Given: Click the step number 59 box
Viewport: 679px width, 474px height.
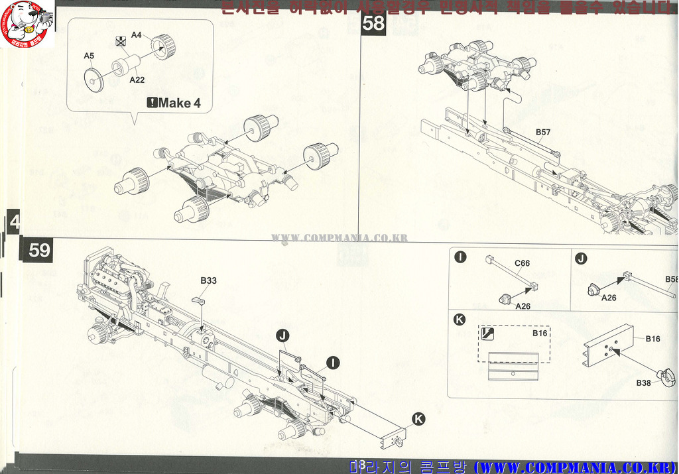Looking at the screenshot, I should tap(39, 250).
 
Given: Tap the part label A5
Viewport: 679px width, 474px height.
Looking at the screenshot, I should tap(89, 56).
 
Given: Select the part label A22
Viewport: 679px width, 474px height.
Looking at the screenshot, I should tap(137, 80).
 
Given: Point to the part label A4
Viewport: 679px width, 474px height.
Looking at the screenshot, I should tap(137, 34).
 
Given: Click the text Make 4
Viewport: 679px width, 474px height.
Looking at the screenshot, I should tap(174, 103).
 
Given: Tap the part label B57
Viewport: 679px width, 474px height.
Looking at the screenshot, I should tap(543, 132).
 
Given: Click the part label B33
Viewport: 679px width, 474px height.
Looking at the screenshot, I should tap(208, 280).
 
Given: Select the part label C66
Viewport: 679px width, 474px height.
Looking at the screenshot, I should tap(523, 263).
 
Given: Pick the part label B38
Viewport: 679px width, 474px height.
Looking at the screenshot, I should tap(643, 383).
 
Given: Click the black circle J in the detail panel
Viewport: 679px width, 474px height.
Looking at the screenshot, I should tap(582, 259).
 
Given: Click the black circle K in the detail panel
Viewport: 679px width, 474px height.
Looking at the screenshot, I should tap(459, 320).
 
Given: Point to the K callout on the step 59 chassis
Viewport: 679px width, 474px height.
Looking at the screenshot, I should tap(418, 418).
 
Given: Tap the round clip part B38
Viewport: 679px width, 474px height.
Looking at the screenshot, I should tap(666, 377).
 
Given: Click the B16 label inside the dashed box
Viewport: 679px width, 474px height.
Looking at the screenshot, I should tap(540, 333).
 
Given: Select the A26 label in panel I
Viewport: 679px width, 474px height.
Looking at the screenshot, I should tap(524, 306).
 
